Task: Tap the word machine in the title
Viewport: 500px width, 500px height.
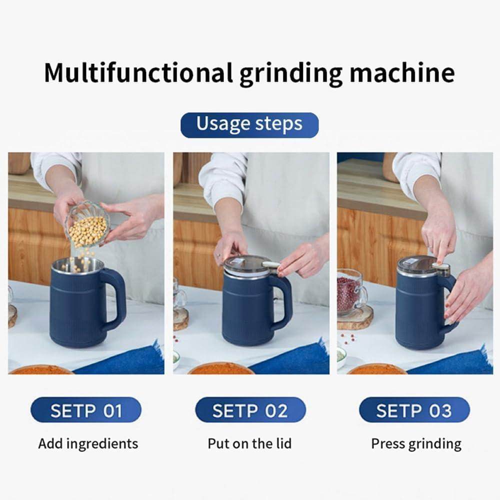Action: click(402, 73)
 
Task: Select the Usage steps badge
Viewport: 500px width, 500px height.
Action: click(249, 124)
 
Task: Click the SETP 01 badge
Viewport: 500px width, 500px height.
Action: click(86, 410)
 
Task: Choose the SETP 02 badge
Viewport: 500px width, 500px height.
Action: click(250, 410)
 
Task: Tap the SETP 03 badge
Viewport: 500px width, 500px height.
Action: click(414, 410)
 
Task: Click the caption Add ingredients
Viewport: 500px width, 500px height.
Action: click(88, 443)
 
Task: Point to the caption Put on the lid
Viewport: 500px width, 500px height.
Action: click(249, 443)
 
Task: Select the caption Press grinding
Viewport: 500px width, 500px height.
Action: click(416, 443)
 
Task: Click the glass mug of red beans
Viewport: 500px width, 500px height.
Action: click(351, 292)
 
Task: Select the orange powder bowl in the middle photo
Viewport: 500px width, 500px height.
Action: click(220, 369)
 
